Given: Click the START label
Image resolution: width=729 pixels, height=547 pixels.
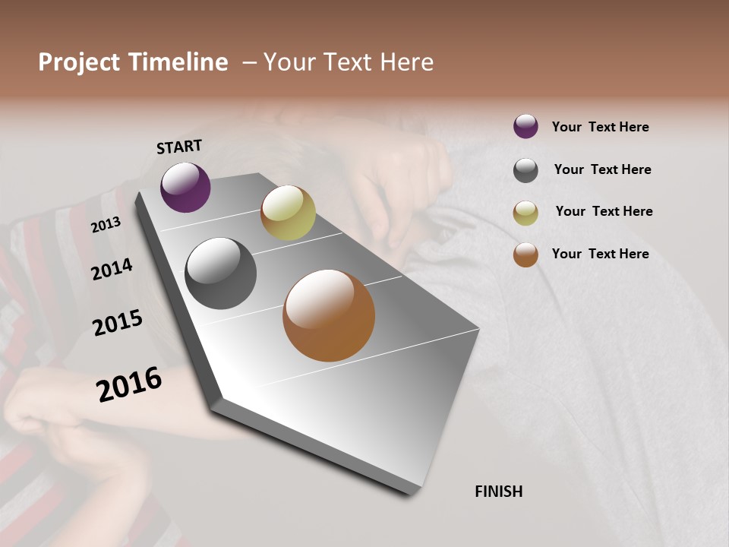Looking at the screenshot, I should click(179, 147).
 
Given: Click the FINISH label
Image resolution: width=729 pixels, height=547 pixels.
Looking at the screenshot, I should click(499, 492).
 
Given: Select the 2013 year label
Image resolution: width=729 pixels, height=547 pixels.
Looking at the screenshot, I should click(106, 225).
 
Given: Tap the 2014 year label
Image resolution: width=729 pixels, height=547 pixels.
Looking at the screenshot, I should click(112, 270).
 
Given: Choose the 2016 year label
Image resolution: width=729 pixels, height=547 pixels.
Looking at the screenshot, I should click(129, 384).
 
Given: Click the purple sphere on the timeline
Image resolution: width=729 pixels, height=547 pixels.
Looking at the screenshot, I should click(185, 188).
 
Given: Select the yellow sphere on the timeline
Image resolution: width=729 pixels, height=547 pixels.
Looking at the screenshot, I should click(288, 213).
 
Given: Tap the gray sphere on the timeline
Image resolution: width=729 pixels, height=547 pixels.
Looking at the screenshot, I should click(220, 273).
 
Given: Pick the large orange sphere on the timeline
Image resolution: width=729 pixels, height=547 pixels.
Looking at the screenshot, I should click(329, 315).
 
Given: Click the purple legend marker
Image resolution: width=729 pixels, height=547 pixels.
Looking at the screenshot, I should click(525, 126).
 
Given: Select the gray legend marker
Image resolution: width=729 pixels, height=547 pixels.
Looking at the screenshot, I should click(525, 170).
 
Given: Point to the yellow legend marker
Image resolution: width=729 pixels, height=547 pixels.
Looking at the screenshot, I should click(525, 213).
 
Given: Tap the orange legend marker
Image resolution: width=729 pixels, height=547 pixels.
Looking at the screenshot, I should click(525, 255).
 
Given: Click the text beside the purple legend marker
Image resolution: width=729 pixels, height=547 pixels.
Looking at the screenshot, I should click(600, 127).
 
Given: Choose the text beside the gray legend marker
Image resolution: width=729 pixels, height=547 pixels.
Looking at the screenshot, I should click(602, 169).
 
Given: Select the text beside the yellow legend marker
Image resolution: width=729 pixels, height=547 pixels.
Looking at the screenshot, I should click(604, 211).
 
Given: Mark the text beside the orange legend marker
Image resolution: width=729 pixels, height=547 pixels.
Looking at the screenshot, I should click(600, 254).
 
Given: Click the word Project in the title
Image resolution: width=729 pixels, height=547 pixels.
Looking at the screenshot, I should click(79, 62).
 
